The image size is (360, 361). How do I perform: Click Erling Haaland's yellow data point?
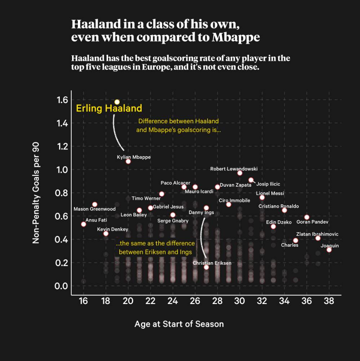117,102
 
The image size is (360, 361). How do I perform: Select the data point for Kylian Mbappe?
128,161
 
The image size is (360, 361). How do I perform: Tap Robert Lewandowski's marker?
240,173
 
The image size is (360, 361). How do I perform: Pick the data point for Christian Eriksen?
206,267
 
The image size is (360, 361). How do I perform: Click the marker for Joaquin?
329,250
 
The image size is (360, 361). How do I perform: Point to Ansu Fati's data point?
84,224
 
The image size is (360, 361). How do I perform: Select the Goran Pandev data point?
307,217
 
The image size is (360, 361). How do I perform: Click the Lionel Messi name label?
270,193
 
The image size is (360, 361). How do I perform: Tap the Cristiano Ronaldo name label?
279,206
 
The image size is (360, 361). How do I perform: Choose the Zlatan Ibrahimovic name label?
317,234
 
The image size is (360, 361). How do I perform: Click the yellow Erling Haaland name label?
109,108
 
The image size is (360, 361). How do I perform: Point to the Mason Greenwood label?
94,209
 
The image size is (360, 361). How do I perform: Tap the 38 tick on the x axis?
329,302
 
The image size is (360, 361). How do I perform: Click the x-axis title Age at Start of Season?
179,324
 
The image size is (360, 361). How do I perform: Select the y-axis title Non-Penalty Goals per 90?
36,193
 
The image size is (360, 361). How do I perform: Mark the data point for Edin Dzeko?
273,226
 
